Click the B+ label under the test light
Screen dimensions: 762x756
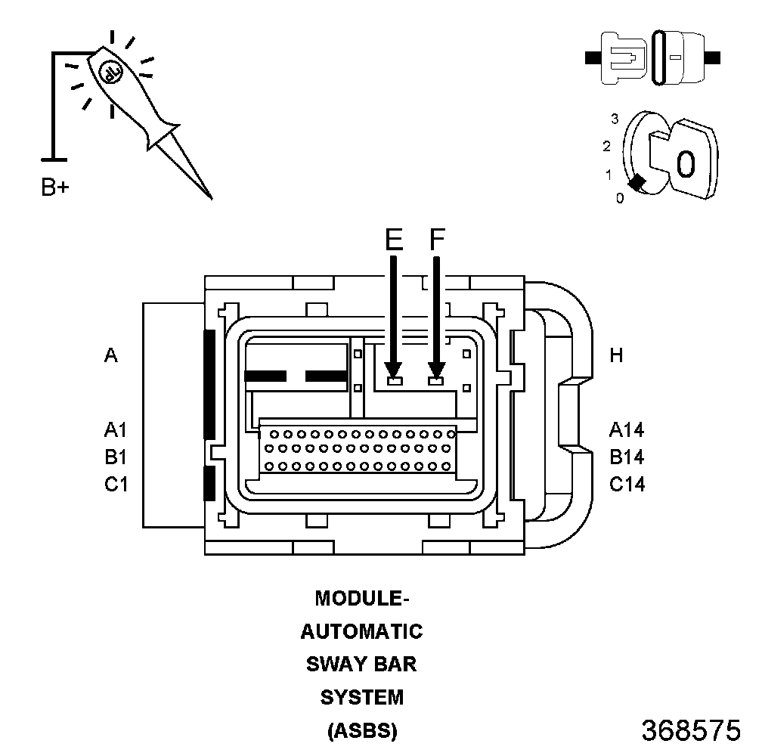point(55,187)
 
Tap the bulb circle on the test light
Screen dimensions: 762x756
point(112,73)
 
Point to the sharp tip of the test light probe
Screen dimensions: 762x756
point(212,198)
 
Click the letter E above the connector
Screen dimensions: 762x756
point(394,239)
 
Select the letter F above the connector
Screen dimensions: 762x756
point(438,239)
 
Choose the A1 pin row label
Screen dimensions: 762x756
point(116,430)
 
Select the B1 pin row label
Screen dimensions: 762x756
point(116,457)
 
